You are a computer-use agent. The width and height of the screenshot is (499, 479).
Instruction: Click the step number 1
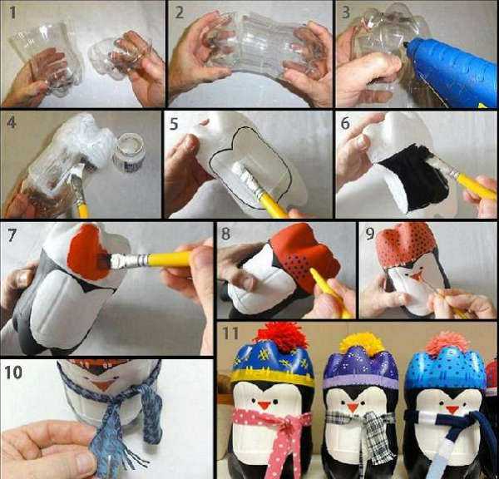click(x=12, y=12)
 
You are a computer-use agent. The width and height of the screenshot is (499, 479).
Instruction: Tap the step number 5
click(x=174, y=124)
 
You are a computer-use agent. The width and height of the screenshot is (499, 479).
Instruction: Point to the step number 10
click(x=13, y=372)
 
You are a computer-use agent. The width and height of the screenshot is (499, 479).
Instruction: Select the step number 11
click(x=230, y=333)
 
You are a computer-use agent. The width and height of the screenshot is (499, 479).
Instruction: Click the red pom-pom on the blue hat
click(x=283, y=337)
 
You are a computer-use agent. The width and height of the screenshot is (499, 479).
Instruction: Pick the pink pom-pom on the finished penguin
click(x=447, y=343)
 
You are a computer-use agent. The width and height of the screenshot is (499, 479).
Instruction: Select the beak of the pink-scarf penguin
click(x=264, y=406)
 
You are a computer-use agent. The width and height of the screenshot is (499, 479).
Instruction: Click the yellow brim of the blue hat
click(x=273, y=378)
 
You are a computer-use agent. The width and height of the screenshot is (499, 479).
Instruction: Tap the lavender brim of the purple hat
click(x=360, y=383)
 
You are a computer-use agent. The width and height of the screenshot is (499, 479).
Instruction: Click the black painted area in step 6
click(x=413, y=176)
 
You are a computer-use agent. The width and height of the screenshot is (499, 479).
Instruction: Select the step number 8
click(x=225, y=234)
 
